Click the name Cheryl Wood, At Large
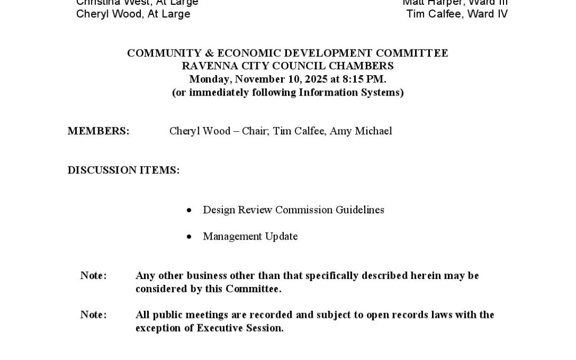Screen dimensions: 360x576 pos(133,14)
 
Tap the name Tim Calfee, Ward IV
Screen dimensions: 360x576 pos(457,14)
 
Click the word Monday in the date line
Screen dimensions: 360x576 pos(210,79)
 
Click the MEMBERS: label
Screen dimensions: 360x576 pos(98,131)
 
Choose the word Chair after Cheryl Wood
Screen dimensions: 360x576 pos(254,131)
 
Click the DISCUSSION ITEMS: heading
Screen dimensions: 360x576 pos(123,170)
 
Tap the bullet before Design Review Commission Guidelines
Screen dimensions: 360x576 pos(189,211)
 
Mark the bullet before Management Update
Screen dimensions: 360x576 pos(189,237)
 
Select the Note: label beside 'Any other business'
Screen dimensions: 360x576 pos(93,276)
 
